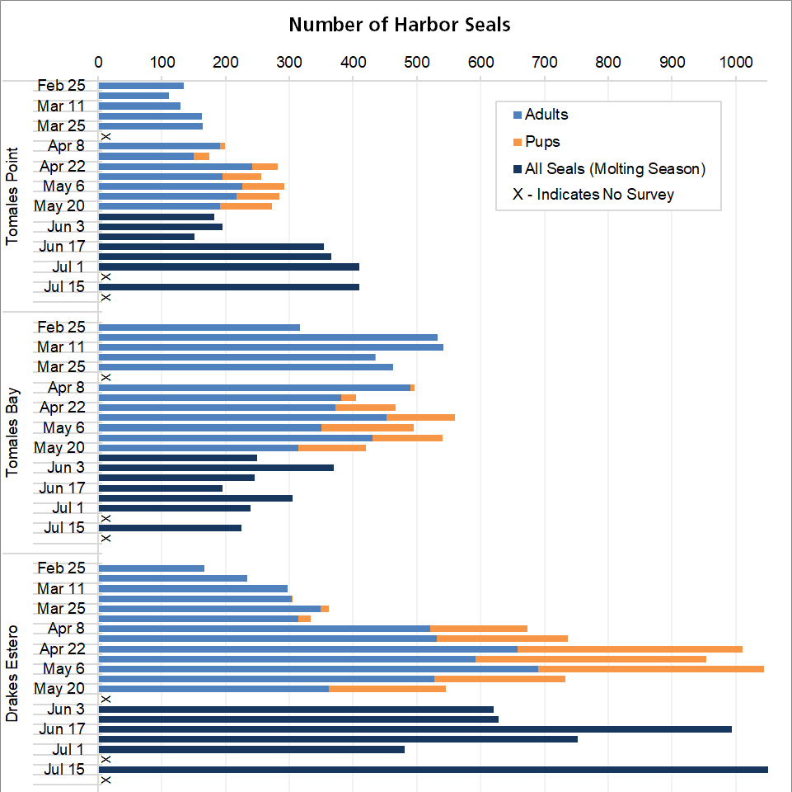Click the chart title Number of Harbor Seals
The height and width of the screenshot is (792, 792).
[399, 25]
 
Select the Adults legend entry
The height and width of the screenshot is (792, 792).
[546, 115]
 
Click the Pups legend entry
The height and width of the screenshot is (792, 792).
[541, 142]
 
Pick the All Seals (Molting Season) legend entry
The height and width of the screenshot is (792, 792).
[614, 169]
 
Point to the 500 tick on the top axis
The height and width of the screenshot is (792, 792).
[417, 61]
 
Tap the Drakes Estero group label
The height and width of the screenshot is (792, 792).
[12, 674]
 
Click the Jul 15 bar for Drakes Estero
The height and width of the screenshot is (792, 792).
[433, 770]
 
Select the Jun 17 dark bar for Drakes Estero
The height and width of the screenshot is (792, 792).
[415, 729]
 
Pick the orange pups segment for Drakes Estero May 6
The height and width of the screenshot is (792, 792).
[651, 669]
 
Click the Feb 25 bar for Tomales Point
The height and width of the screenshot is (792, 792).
[141, 86]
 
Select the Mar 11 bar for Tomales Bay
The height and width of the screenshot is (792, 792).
[270, 347]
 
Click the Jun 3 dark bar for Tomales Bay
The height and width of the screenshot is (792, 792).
[216, 468]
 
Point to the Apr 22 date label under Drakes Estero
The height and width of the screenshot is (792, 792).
[63, 648]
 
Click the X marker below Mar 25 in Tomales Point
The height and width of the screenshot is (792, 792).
[105, 136]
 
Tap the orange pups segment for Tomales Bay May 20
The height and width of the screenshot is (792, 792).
[332, 448]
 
